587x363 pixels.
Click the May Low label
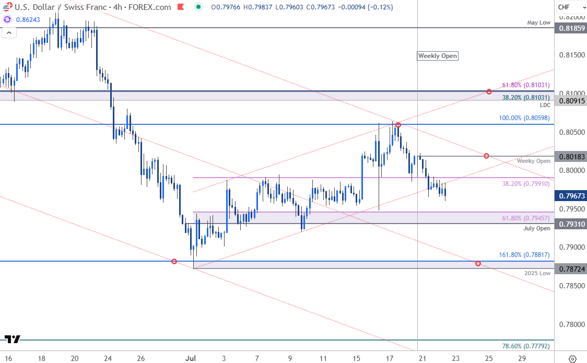click(539, 22)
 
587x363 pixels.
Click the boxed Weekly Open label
click(438, 56)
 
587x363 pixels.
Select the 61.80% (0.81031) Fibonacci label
click(526, 85)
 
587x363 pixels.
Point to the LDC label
click(545, 105)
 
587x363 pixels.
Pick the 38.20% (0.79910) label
click(526, 184)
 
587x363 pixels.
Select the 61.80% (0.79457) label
click(526, 218)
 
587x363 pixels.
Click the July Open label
click(536, 229)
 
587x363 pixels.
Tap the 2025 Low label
click(538, 273)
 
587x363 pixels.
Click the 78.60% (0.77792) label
click(526, 346)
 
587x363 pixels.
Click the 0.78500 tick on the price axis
click(569, 286)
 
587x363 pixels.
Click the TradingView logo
click(12, 339)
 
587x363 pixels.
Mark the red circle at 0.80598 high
click(398, 125)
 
